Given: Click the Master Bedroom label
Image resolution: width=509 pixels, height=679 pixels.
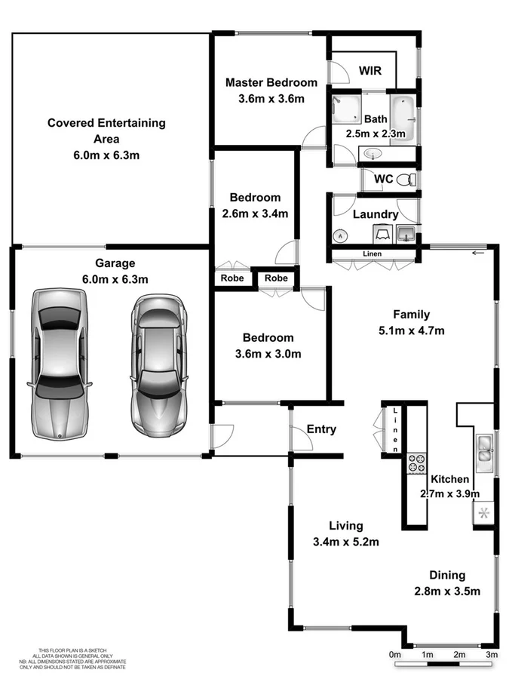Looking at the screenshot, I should [271, 82].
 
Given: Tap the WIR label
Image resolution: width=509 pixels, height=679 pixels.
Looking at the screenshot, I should [369, 71].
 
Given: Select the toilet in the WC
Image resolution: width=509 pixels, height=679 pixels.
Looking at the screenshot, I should [406, 180].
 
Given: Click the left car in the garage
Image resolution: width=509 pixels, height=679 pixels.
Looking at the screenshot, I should [59, 362].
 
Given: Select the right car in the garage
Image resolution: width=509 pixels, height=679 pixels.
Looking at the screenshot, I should [158, 362].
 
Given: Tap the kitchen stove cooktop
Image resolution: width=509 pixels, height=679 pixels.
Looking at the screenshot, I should [416, 462].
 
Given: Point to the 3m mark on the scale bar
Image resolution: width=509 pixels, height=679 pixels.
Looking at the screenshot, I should [492, 654].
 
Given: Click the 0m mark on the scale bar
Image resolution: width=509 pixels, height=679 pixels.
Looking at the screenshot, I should [394, 654].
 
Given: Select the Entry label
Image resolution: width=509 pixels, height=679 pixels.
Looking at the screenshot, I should [321, 429].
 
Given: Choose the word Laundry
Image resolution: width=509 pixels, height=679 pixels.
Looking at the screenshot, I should [376, 214].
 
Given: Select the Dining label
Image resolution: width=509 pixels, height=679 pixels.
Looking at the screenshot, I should [447, 575].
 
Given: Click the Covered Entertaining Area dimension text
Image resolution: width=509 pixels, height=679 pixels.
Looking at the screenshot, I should [107, 155].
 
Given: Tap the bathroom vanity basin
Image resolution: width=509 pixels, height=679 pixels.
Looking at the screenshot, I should [373, 154].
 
